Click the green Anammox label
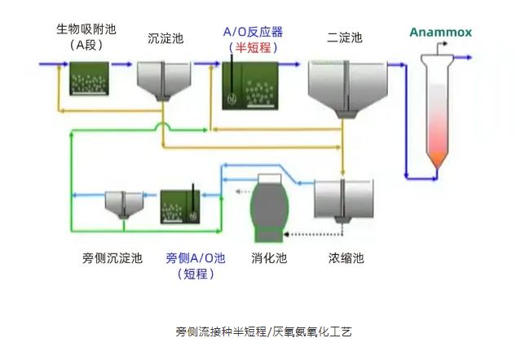point(439,33)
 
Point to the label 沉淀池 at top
point(165,37)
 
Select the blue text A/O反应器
point(253,32)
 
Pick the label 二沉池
point(344,37)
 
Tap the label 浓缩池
point(346,258)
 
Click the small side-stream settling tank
point(123,204)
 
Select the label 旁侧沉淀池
point(112,258)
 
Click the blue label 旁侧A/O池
point(196,258)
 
